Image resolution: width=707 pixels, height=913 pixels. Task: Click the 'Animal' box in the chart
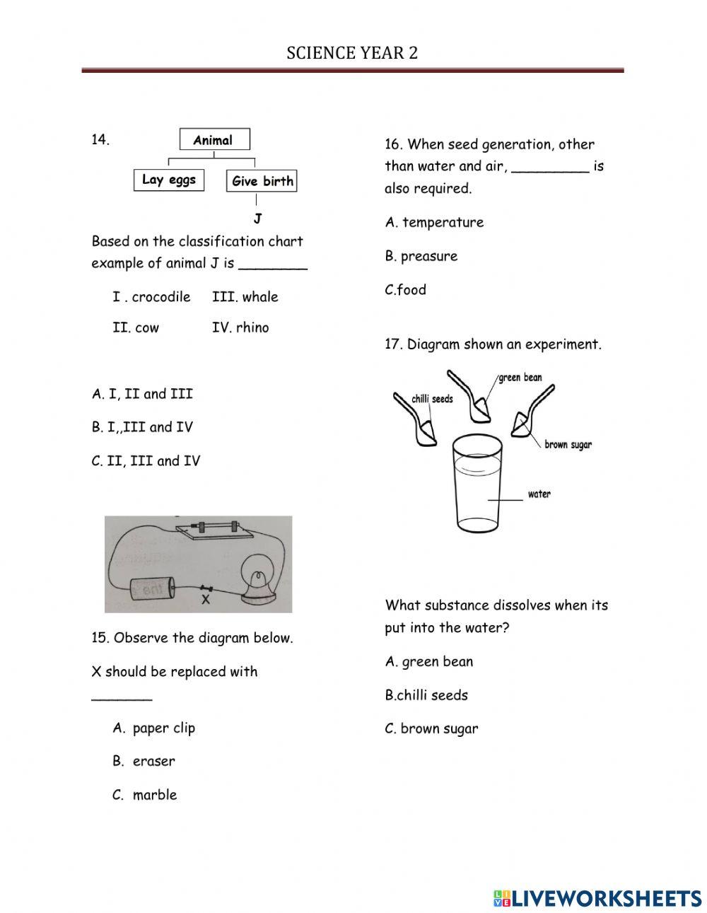pyautogui.click(x=214, y=140)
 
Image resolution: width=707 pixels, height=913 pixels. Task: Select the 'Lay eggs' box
pyautogui.click(x=169, y=180)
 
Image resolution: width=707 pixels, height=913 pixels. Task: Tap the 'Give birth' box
pyautogui.click(x=262, y=181)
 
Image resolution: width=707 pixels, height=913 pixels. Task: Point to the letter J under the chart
pyautogui.click(x=257, y=219)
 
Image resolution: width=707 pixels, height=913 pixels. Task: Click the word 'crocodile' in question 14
pyautogui.click(x=161, y=297)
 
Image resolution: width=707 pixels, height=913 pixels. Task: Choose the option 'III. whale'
pyautogui.click(x=245, y=297)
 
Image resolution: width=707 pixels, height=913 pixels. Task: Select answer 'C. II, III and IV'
pyautogui.click(x=146, y=461)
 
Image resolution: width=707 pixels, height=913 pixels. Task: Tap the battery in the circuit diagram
pyautogui.click(x=152, y=590)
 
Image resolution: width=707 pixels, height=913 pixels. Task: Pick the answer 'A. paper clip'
pyautogui.click(x=153, y=728)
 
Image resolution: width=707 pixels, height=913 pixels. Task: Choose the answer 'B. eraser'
pyautogui.click(x=144, y=761)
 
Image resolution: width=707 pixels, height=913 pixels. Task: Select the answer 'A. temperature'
pyautogui.click(x=434, y=222)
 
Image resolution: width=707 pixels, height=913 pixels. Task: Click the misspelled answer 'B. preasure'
pyautogui.click(x=421, y=256)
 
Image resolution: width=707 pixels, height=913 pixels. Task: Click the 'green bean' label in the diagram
pyautogui.click(x=520, y=378)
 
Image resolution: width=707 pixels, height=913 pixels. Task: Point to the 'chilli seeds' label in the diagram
pyautogui.click(x=432, y=399)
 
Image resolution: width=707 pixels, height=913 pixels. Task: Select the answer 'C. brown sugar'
pyautogui.click(x=431, y=728)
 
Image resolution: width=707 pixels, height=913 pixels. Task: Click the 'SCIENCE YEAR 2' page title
pyautogui.click(x=352, y=53)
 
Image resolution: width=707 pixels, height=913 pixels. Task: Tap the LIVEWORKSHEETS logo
pyautogui.click(x=597, y=897)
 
